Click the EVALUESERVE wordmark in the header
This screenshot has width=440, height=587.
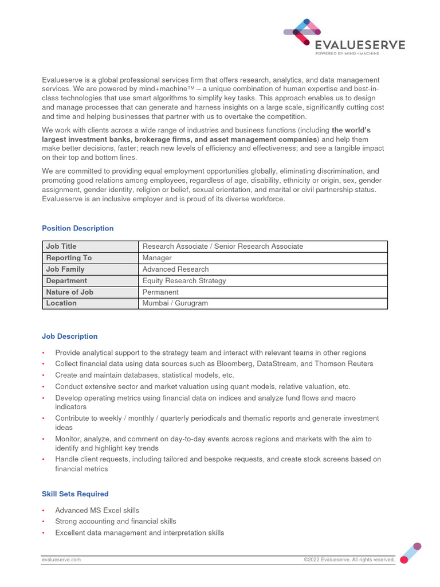pyautogui.click(x=360, y=45)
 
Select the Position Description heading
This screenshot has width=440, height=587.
pyautogui.click(x=77, y=228)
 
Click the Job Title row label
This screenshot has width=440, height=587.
pyautogui.click(x=61, y=246)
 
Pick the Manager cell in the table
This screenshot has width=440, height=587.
pyautogui.click(x=157, y=258)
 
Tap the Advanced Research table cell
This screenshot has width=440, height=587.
pyautogui.click(x=175, y=269)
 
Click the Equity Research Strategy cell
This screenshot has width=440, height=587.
pyautogui.click(x=184, y=281)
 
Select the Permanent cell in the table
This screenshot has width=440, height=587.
pyautogui.click(x=160, y=292)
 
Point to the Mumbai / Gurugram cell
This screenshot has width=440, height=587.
pyautogui.click(x=175, y=303)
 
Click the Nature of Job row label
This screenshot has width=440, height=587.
pyautogui.click(x=69, y=292)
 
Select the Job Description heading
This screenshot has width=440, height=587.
pyautogui.click(x=69, y=336)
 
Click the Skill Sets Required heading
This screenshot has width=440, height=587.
pyautogui.click(x=75, y=494)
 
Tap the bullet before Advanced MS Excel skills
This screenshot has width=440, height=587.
pyautogui.click(x=44, y=510)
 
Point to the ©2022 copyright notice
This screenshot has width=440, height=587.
pyautogui.click(x=349, y=559)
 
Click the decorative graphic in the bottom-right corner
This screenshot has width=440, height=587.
pyautogui.click(x=411, y=551)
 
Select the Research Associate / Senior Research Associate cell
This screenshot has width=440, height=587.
pyautogui.click(x=222, y=246)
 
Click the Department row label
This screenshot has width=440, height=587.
pyautogui.click(x=66, y=281)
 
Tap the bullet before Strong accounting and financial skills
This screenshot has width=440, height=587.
pyautogui.click(x=44, y=522)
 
